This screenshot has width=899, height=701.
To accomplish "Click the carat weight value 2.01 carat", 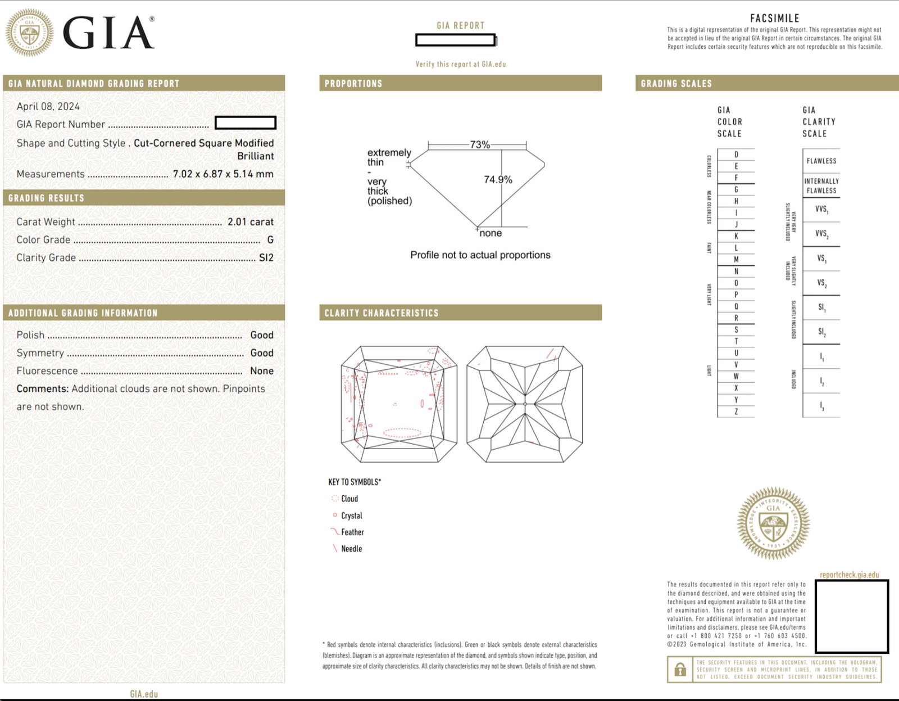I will tap(250, 222).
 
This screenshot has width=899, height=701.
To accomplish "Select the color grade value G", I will tap(270, 240).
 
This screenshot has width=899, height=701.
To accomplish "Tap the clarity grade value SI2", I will tap(266, 258).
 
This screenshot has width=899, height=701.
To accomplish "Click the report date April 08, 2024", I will tap(48, 107).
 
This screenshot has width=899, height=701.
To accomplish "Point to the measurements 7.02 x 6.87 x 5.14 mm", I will tap(223, 174).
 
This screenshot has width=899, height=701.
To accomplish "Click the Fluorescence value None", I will tap(262, 371).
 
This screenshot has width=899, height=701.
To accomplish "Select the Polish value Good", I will tap(262, 335).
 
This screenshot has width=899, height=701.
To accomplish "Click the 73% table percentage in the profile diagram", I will tap(479, 145).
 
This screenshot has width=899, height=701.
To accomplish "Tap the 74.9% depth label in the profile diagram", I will tap(498, 180).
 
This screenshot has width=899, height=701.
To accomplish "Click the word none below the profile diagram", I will tap(491, 233).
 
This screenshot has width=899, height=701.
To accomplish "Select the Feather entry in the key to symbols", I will tap(352, 532).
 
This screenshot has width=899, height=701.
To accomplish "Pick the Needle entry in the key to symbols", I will tap(351, 549).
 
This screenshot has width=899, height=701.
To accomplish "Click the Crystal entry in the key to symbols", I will tap(351, 516).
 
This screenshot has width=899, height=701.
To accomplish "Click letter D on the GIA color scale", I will tap(736, 155).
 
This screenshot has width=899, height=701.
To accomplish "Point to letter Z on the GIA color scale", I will tap(736, 412).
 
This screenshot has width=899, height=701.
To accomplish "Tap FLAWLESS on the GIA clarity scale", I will tap(821, 161).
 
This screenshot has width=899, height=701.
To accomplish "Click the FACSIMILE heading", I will tap(774, 19).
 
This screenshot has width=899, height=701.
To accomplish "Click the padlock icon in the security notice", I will tap(680, 670).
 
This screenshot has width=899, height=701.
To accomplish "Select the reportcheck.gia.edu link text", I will tap(849, 575).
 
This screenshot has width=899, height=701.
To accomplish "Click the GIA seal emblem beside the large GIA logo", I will tap(30, 33).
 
